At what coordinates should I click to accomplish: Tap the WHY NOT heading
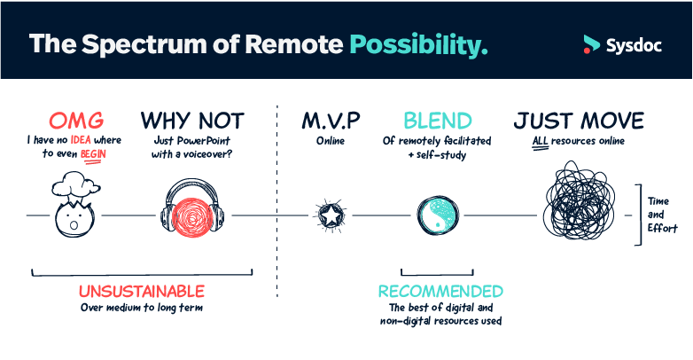(x=192, y=120)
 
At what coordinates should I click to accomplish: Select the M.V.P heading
(x=330, y=120)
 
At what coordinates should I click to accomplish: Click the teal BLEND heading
(x=438, y=120)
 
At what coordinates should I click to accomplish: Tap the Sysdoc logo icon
(x=591, y=43)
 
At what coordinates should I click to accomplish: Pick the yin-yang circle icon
(x=439, y=215)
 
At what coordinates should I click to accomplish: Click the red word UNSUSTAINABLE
(x=142, y=291)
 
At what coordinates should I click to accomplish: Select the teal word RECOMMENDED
(x=440, y=291)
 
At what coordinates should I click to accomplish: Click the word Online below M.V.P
(x=330, y=140)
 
